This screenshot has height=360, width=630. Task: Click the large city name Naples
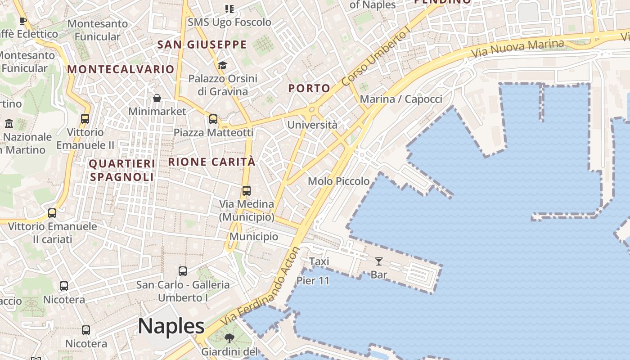click(x=171, y=326)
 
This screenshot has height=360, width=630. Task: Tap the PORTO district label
click(x=309, y=88)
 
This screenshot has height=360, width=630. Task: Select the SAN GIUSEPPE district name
click(x=202, y=45)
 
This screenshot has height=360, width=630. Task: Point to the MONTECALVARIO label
click(x=121, y=69)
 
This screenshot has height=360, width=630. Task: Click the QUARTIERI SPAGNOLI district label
click(x=122, y=170)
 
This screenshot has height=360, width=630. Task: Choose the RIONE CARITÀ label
click(x=211, y=162)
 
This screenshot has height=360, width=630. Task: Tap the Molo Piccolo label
click(x=338, y=181)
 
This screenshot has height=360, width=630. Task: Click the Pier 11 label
click(x=313, y=281)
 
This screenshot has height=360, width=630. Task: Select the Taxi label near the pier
click(x=319, y=261)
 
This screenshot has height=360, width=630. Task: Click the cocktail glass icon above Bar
click(x=378, y=261)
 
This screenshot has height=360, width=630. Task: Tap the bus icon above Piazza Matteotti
click(x=213, y=119)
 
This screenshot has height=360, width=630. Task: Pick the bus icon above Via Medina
click(x=246, y=190)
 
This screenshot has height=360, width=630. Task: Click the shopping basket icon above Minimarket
click(x=157, y=98)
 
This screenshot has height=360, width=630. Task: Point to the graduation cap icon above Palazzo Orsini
click(x=222, y=66)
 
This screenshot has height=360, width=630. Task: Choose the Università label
click(x=312, y=125)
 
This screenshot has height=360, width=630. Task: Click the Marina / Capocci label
click(x=401, y=99)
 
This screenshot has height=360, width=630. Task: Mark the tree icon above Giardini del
click(x=229, y=338)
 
